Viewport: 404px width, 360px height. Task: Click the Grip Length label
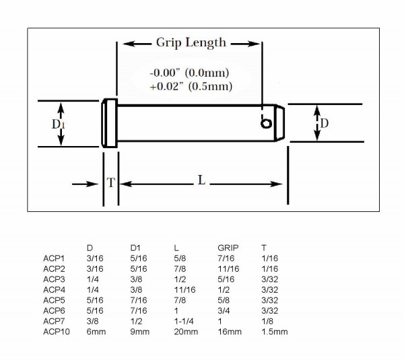point(191,43)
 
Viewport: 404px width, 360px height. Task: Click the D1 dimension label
point(58,124)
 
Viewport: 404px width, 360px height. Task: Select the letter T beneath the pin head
point(111,182)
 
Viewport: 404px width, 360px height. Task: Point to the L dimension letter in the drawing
point(201,180)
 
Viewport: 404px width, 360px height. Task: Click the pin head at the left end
point(110,123)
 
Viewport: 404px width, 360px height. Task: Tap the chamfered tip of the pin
point(279,123)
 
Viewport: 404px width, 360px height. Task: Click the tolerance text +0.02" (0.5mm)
point(191,86)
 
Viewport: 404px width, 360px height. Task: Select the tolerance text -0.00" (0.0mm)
point(189,73)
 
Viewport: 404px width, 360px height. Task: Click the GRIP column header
point(228,248)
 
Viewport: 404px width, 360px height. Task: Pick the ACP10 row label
point(57,332)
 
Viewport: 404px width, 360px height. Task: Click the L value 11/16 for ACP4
point(184,290)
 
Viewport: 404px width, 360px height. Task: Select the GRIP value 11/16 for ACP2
point(228,268)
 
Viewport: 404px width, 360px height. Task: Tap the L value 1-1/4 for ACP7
point(184,321)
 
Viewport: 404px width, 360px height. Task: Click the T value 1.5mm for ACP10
point(275,332)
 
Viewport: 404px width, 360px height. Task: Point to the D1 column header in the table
point(135,248)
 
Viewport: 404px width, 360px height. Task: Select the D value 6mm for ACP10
point(96,332)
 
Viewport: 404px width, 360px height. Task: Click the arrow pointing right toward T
point(86,184)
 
